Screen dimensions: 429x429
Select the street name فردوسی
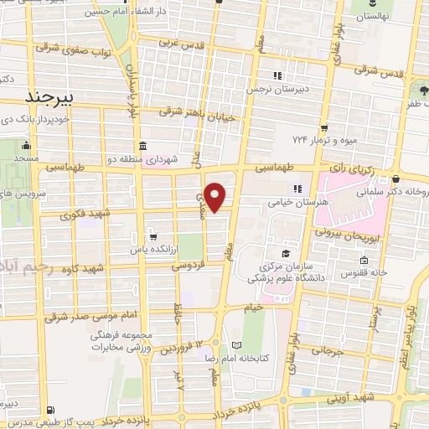click(x=189, y=266)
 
